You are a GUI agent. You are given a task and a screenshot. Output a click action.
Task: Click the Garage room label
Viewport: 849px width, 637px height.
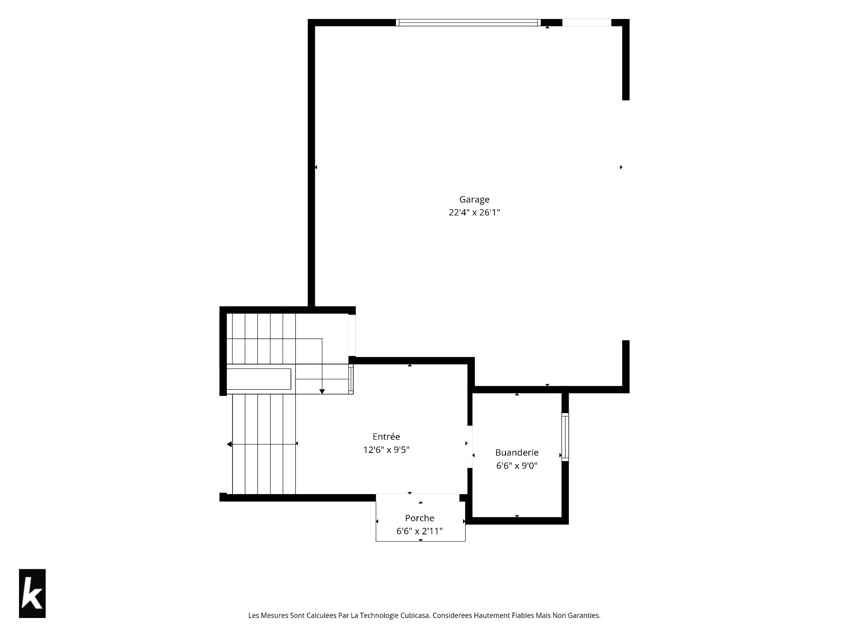(x=474, y=200)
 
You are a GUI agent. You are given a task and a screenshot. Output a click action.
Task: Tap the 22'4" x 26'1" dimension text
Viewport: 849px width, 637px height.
(x=474, y=212)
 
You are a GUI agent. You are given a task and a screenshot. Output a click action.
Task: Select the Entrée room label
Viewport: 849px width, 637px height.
(x=386, y=437)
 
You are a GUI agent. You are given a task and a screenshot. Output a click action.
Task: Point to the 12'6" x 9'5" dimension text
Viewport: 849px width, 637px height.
(x=386, y=450)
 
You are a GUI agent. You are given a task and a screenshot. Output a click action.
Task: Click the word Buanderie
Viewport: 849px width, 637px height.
(x=516, y=453)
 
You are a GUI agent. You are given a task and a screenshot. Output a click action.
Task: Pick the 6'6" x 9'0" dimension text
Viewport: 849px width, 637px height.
(x=516, y=465)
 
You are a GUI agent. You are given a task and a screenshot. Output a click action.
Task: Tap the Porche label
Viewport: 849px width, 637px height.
(x=420, y=518)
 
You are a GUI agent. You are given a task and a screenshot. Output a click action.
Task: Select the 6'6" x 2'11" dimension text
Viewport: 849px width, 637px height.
(x=420, y=531)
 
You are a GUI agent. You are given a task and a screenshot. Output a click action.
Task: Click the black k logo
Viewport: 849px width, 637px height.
(x=32, y=593)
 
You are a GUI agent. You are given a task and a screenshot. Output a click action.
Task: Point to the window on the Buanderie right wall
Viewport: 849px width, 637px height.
(x=565, y=437)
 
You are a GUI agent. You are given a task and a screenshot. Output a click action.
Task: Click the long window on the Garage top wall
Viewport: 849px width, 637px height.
(x=468, y=23)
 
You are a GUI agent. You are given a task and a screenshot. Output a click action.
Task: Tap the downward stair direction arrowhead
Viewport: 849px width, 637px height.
(x=322, y=391)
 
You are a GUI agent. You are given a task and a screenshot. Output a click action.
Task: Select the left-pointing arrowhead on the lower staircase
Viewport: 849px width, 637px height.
(x=229, y=444)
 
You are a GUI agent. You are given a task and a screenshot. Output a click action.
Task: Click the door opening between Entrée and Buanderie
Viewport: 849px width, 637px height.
(x=470, y=446)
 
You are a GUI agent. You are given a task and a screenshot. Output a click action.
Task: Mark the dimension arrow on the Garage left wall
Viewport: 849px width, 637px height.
(x=316, y=167)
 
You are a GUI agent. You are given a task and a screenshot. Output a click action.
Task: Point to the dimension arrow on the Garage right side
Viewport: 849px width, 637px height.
(x=621, y=167)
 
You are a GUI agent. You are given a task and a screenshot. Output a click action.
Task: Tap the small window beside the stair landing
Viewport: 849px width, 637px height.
(x=351, y=379)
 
